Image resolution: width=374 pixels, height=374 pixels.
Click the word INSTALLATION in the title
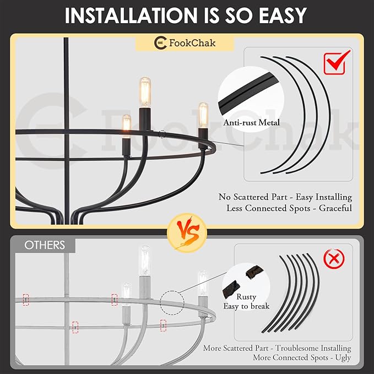131,15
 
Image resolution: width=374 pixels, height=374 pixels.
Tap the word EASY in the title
283,15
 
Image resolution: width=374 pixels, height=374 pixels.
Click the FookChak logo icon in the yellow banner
160,43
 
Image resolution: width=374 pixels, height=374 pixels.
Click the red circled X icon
334,258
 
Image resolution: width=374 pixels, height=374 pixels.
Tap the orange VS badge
187,233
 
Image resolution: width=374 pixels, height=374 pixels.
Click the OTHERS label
45,245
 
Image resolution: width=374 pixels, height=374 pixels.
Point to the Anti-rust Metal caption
251,123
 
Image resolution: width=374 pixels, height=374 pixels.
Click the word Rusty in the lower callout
246,297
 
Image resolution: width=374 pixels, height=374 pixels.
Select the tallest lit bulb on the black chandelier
145,93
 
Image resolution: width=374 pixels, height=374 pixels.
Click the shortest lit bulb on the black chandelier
127,126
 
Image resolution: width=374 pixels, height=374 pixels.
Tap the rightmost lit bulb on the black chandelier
203,116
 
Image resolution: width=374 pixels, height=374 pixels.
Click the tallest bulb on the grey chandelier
144,261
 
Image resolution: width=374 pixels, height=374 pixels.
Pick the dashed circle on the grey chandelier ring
172,302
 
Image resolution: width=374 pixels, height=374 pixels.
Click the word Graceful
335,208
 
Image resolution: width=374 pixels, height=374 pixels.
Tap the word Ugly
343,358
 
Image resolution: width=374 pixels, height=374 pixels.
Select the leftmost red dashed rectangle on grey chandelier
26,300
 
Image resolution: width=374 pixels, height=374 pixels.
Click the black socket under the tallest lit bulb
145,119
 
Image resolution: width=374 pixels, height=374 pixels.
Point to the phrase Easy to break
246,306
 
